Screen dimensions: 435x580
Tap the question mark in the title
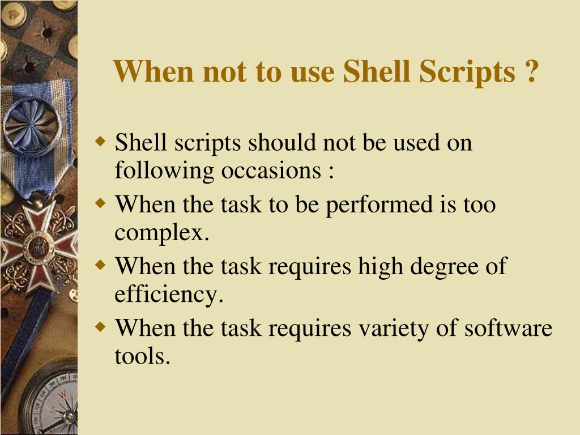point(530,72)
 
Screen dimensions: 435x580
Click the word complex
point(162,233)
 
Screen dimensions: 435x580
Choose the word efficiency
point(169,295)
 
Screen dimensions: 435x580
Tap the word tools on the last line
point(142,357)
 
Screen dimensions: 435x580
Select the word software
point(508,329)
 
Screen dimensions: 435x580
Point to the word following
point(165,170)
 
